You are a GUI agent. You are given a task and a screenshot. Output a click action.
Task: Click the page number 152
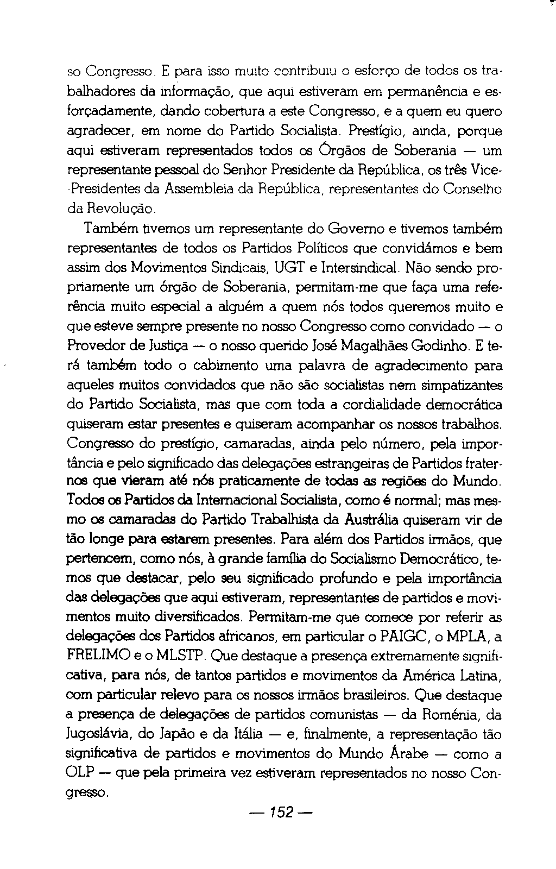point(281,813)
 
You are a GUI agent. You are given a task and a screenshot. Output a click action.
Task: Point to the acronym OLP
point(81,773)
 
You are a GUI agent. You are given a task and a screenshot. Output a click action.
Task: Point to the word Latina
point(472,676)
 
